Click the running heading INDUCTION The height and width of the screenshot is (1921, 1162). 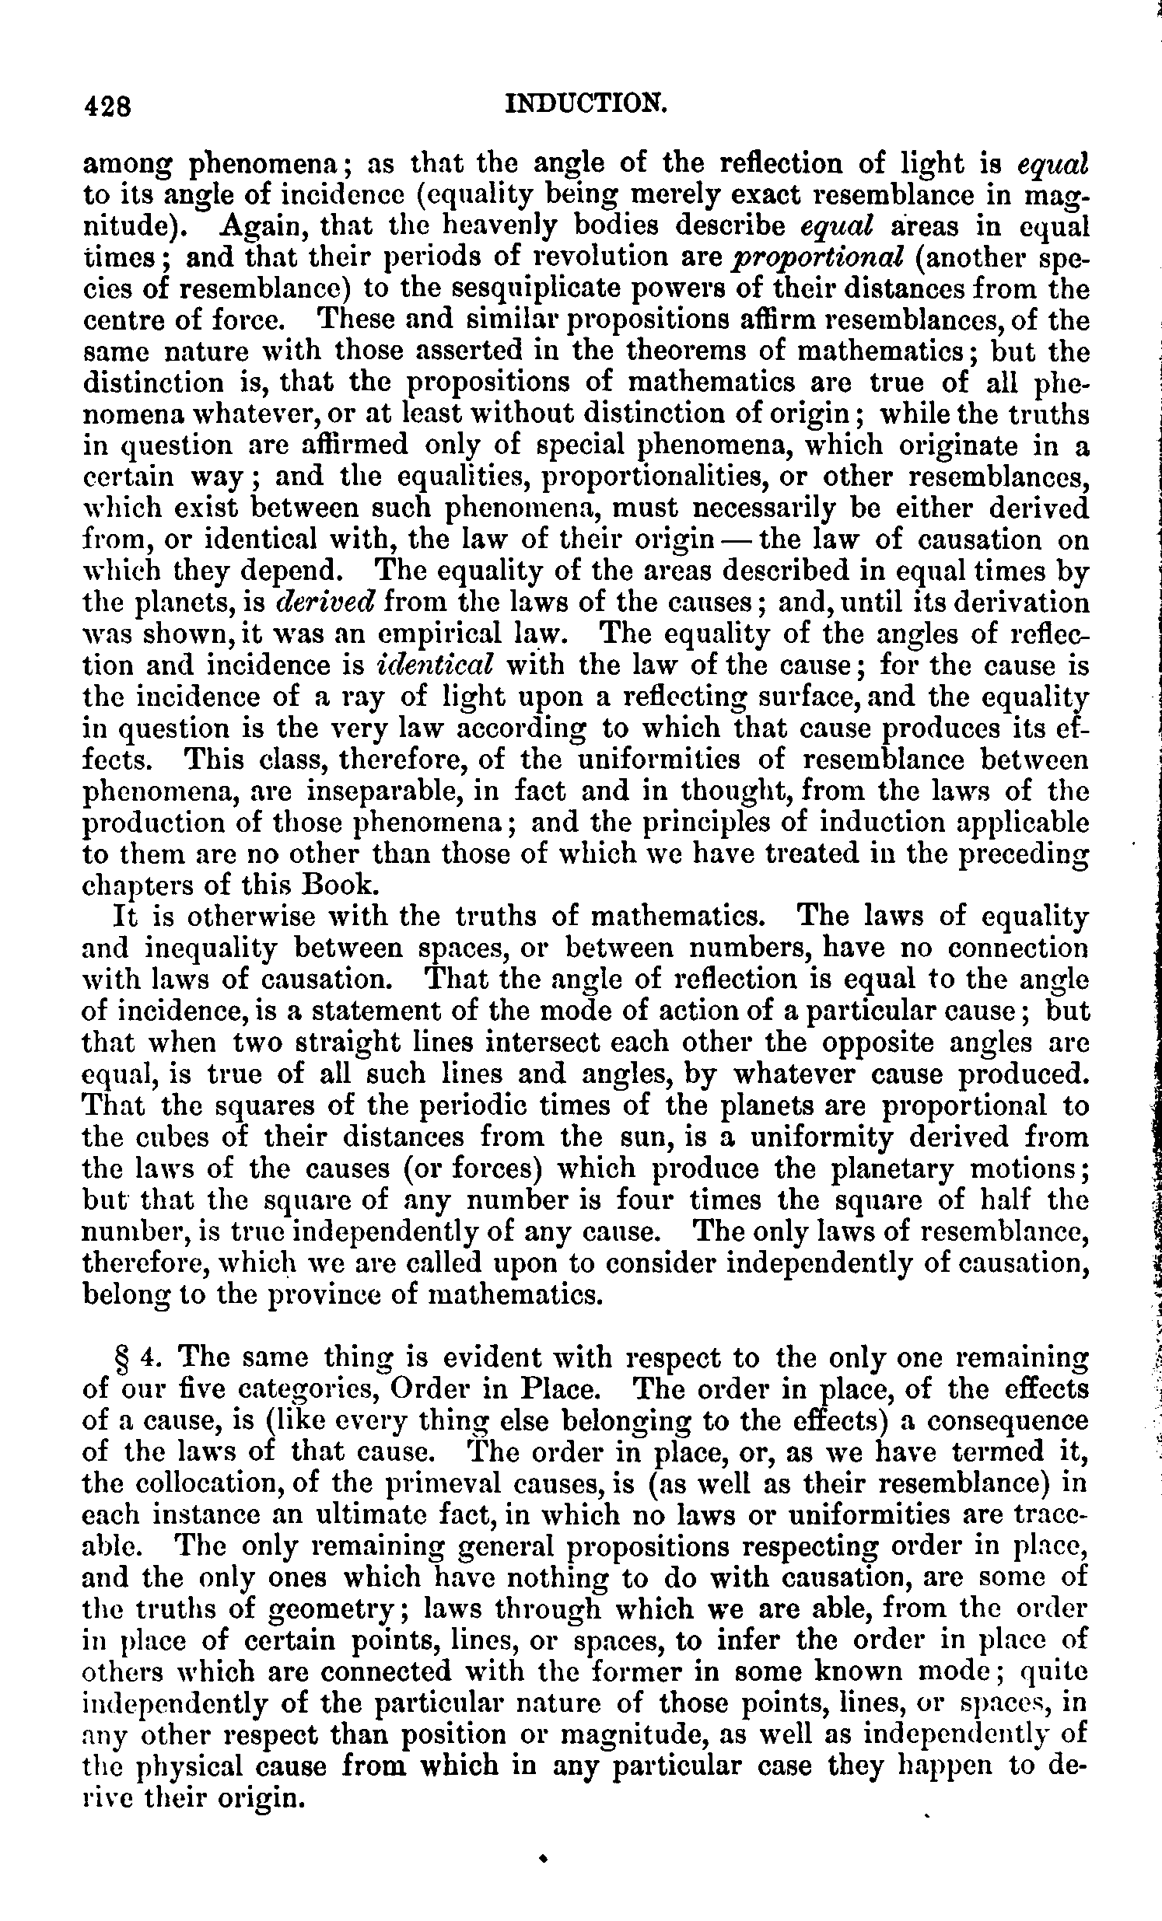pyautogui.click(x=586, y=102)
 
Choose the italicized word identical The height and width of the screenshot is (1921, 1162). pyautogui.click(x=435, y=665)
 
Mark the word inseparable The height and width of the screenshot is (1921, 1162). pyautogui.click(x=366, y=792)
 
